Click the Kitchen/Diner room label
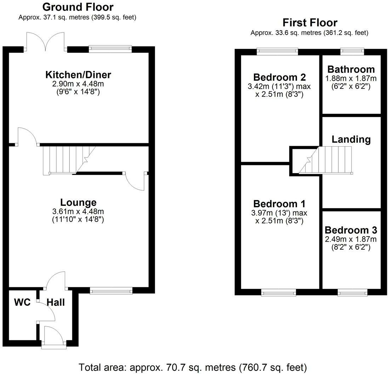point(78,75)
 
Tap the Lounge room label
point(78,202)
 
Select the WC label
point(22,302)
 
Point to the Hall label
point(56,302)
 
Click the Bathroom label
point(350,69)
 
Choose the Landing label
point(351,139)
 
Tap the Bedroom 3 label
point(350,230)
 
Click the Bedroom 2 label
point(279,77)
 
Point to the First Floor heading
point(309,23)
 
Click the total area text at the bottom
point(193,367)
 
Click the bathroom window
point(352,52)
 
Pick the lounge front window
point(111,291)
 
